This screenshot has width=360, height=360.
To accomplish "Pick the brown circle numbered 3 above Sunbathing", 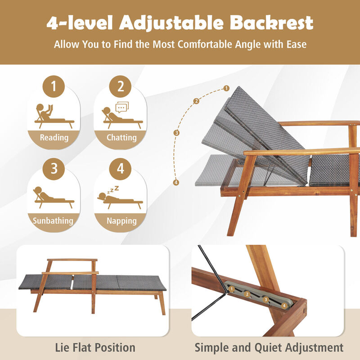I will tap(54, 169).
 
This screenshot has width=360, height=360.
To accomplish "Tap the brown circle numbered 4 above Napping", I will tap(121, 169).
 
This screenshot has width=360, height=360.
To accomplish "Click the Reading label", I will tap(54, 137).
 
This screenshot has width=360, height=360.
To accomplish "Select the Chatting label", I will tap(121, 137).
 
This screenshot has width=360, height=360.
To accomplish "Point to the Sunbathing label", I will tap(53, 220).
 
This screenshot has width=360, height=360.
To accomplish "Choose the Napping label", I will tap(121, 220).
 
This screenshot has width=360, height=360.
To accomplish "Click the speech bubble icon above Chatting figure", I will tap(122, 108).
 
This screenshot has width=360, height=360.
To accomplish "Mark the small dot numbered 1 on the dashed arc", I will tap(226, 88).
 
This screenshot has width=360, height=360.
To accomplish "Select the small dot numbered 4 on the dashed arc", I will tap(176, 182).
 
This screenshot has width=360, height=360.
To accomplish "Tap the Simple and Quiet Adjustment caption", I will tap(269, 347).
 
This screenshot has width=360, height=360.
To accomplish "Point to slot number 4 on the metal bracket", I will tap(283, 306).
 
